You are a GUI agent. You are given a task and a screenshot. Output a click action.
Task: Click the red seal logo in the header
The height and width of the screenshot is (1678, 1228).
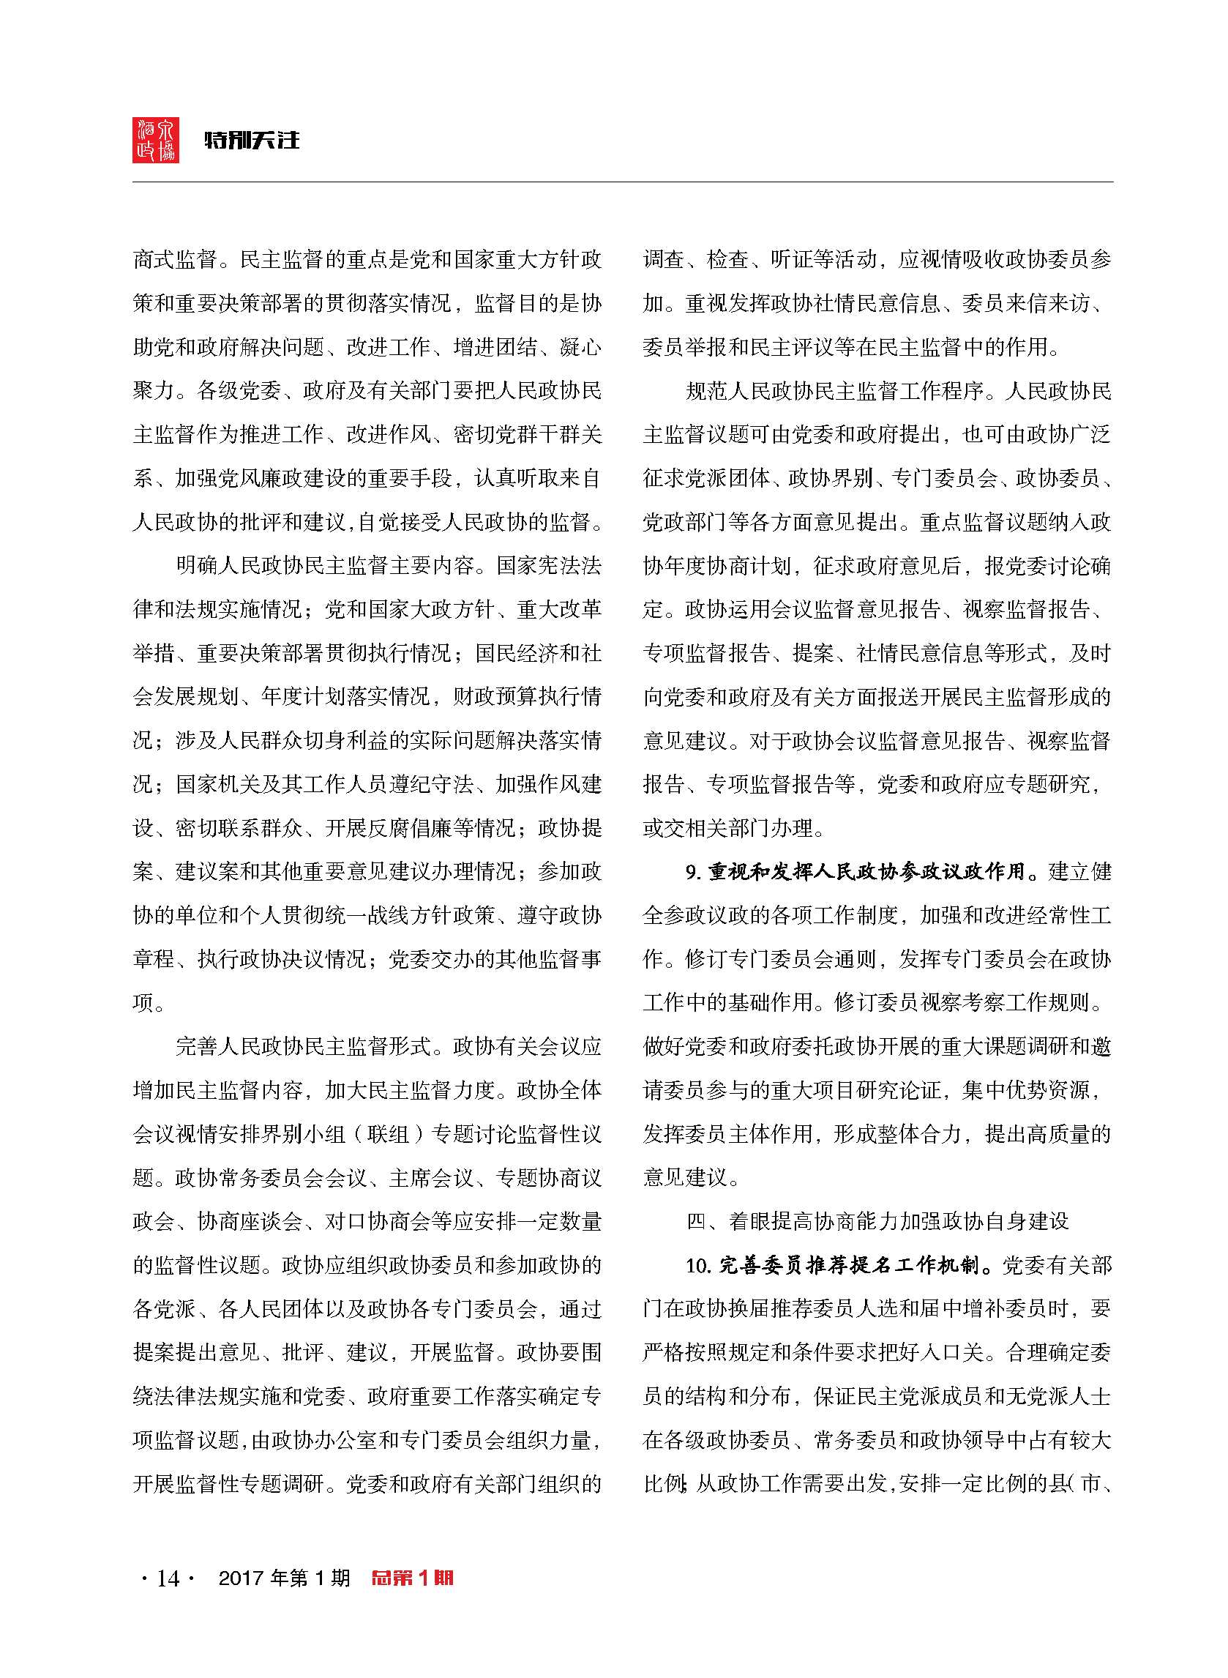155,139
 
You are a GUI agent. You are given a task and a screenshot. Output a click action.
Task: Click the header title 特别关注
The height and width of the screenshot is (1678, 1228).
252,140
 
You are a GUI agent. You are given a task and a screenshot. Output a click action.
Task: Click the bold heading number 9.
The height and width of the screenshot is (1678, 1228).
694,871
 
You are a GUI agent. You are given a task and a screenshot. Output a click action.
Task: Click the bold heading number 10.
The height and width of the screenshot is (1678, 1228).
699,1264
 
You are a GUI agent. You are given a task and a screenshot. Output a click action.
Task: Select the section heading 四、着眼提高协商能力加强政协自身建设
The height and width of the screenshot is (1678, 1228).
877,1220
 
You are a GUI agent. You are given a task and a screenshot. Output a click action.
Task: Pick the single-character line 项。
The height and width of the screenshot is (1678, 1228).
149,1002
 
